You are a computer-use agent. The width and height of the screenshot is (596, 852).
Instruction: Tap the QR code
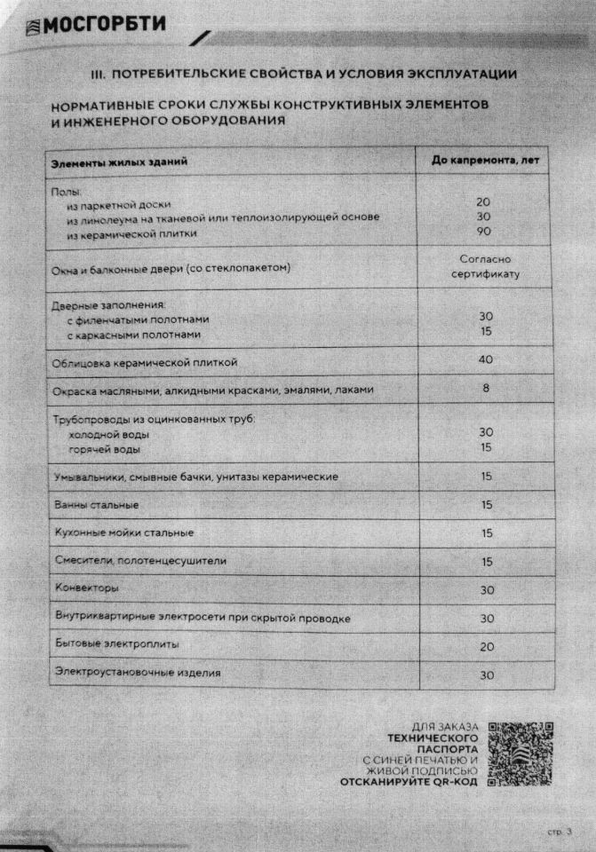coord(521,753)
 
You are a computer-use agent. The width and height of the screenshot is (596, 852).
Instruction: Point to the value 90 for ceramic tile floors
coord(484,233)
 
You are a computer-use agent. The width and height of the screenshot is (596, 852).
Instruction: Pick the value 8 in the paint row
coord(485,389)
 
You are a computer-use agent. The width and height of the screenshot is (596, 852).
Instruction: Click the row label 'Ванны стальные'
coord(97,505)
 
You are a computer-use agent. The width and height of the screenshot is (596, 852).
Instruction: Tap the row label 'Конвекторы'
coord(86,588)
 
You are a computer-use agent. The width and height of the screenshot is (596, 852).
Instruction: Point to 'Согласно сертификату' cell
coord(485,266)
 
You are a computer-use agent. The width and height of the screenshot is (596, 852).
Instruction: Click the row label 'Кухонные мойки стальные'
coord(123,532)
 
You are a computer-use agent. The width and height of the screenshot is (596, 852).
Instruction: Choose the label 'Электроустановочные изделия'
coord(138,673)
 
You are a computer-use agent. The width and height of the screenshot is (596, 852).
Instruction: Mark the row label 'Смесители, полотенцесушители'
coord(140,560)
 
